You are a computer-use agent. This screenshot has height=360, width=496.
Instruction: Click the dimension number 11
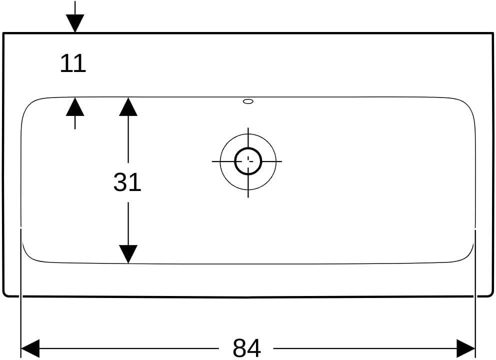[x=73, y=63]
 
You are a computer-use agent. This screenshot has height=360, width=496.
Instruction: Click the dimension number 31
[x=127, y=182]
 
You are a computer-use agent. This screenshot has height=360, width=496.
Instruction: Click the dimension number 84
[x=246, y=348]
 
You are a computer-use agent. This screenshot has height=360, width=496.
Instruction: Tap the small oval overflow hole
[x=248, y=101]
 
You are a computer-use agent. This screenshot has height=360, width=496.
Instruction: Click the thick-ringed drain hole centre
[x=248, y=161]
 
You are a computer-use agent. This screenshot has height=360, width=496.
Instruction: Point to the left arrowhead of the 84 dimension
[x=29, y=348]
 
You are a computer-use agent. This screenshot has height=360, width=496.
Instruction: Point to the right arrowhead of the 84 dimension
[x=466, y=348]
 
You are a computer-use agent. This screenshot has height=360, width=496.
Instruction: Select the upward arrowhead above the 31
[x=128, y=106]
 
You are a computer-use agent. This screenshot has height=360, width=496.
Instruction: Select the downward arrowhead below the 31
[x=128, y=254]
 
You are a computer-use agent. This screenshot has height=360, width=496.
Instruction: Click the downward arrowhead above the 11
[x=75, y=23]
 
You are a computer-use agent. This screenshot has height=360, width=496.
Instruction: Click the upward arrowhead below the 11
[x=75, y=106]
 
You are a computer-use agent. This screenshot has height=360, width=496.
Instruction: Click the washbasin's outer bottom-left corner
[x=4, y=295]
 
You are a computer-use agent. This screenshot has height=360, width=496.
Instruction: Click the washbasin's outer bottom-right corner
[x=491, y=295]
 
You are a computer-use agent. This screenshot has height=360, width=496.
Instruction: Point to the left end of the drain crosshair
[x=212, y=161]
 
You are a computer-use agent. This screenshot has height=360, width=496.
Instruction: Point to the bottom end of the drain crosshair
[x=248, y=197]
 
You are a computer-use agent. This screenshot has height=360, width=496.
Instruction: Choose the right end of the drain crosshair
[x=281, y=161]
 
